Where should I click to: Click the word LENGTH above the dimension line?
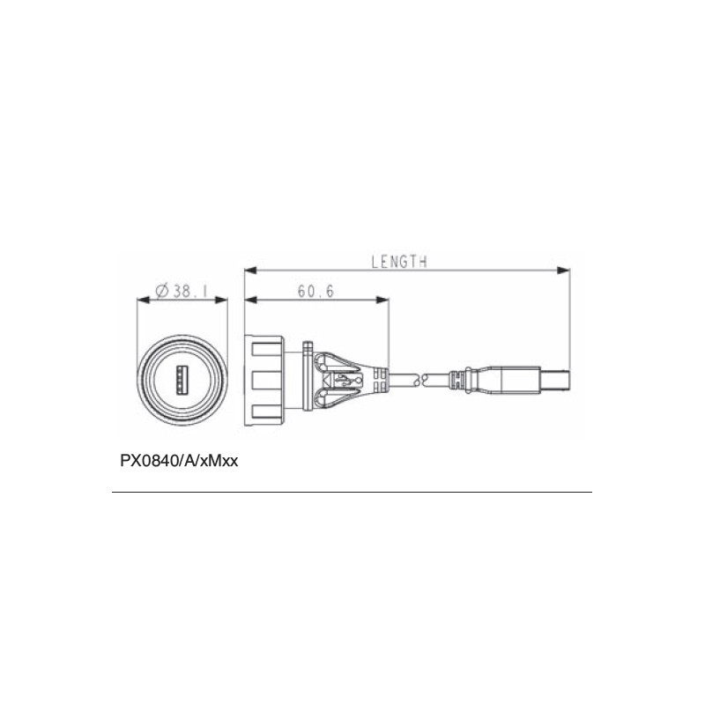(x=399, y=262)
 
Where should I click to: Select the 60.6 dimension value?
(x=316, y=292)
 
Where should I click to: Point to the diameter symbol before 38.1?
(x=162, y=292)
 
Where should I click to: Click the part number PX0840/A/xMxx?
(x=179, y=461)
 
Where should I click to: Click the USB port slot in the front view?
(x=182, y=379)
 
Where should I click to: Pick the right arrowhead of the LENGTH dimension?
(x=563, y=271)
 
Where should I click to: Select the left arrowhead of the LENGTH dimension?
(x=250, y=271)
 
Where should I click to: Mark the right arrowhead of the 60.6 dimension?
(x=382, y=300)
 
